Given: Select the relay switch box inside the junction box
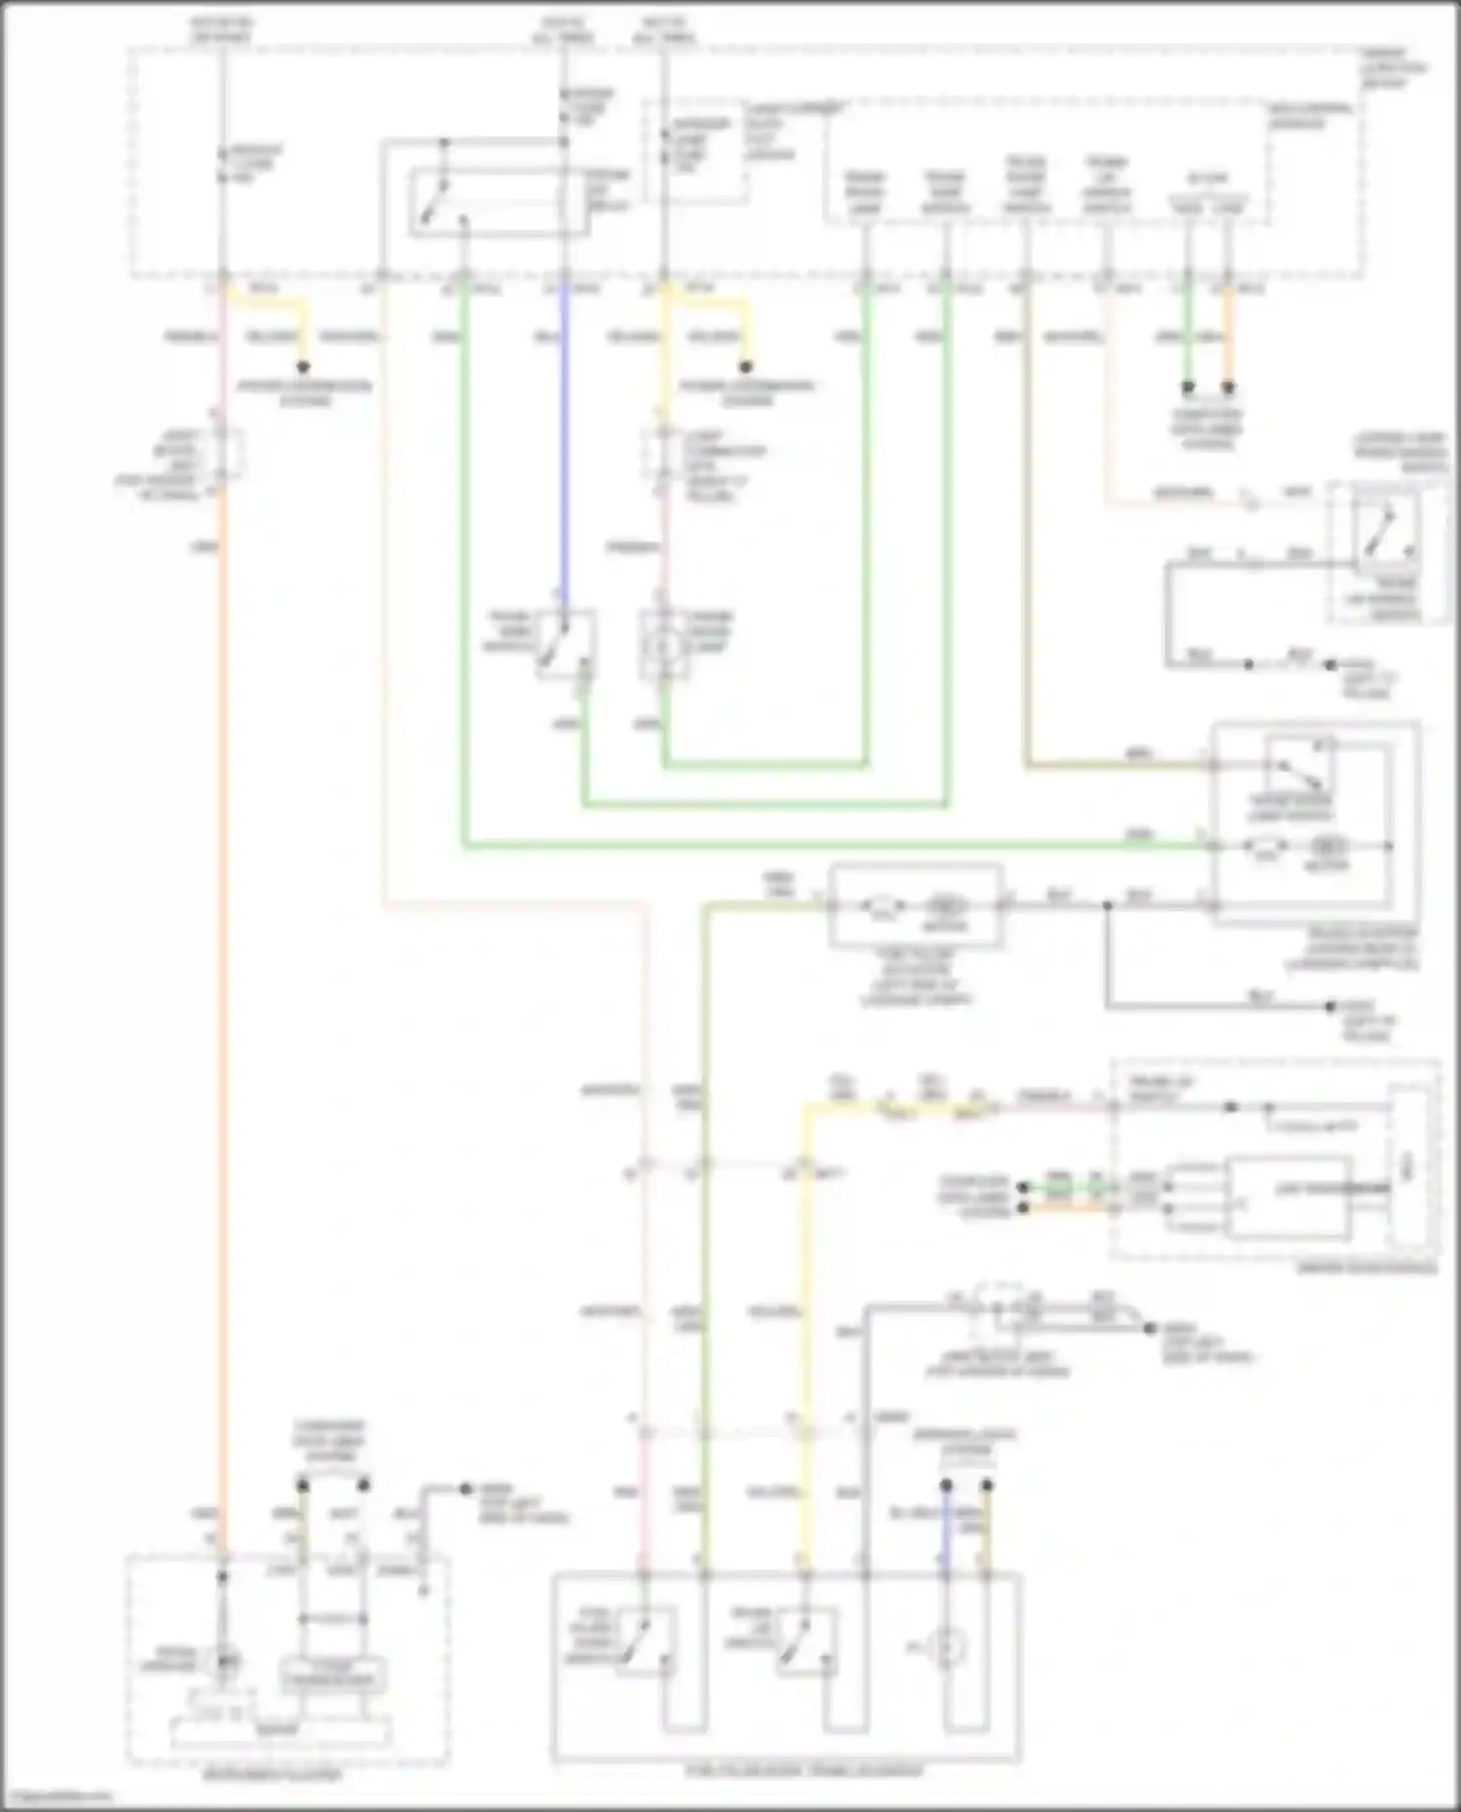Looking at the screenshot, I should pos(499,203).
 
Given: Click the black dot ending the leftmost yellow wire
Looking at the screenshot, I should pos(303,367).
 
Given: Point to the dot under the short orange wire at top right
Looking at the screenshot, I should pos(1228,388).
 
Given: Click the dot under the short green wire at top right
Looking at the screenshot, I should pos(1187,388).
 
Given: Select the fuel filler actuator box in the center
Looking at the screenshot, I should pos(916,906).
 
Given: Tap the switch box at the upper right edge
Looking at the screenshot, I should pos(1387,551).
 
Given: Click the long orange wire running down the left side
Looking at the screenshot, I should pos(222,974).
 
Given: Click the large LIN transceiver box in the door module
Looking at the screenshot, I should pos(1291,1198).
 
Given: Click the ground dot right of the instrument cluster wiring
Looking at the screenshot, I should pos(466,1489).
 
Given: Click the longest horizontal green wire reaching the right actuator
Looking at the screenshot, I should pos(828,845).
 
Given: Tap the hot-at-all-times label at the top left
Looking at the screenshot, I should pos(221,29).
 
